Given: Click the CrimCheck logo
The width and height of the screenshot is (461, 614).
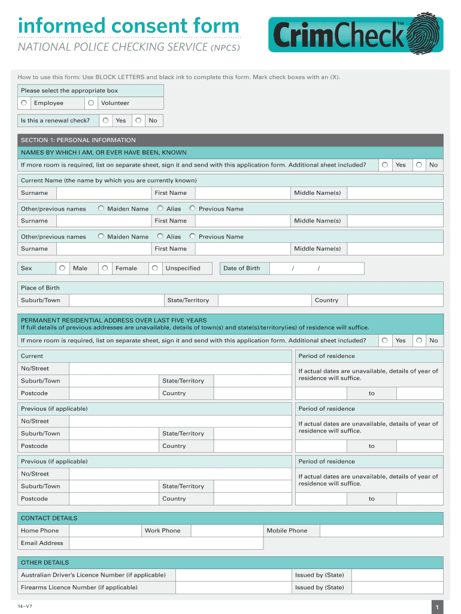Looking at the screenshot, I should tap(356, 34).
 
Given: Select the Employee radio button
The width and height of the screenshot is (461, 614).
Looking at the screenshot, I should tap(24, 103).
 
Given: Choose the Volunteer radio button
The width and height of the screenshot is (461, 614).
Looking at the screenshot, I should tap(91, 103).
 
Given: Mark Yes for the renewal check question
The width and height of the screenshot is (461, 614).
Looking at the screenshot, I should tap(106, 121).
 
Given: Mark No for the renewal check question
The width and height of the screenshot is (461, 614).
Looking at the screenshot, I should tap(138, 121).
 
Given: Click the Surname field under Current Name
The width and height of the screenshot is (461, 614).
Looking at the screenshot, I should tap(103, 193).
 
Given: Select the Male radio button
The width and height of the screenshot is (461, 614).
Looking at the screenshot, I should tap(62, 268).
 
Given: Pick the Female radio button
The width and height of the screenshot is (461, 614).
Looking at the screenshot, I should tap(105, 268).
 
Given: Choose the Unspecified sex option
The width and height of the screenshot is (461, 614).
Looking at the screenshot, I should tap(155, 268).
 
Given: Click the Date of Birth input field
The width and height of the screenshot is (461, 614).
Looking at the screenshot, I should tap(316, 268).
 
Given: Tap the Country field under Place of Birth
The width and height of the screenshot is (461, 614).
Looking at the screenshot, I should tap(395, 300).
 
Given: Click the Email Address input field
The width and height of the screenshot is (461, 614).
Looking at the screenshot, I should tap(165, 543).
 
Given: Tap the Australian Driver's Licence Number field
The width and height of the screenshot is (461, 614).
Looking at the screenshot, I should tap(233, 575).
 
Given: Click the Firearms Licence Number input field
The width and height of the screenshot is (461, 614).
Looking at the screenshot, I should tap(233, 588).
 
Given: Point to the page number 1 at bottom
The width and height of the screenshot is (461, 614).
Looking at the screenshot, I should tap(437, 607).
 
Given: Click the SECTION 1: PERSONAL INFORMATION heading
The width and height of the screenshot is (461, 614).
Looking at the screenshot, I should tap(78, 140).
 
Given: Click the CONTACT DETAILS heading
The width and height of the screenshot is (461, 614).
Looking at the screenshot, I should tap(49, 518).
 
